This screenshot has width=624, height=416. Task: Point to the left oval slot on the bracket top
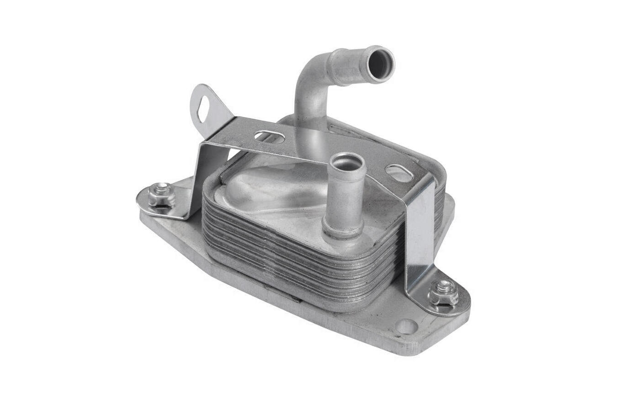pos(270,136)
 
